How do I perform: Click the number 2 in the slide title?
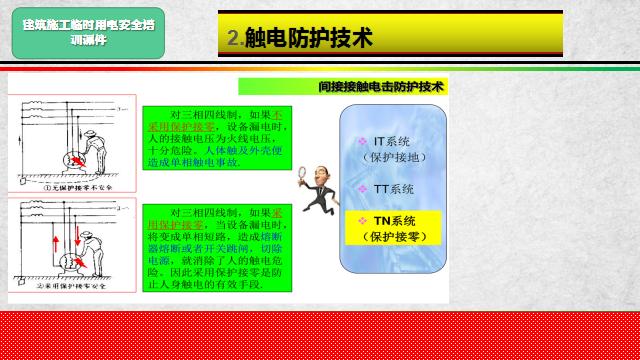(233, 39)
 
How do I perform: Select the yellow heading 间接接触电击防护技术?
(380, 87)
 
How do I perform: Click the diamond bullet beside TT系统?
(364, 188)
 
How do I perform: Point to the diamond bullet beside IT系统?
(364, 143)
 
